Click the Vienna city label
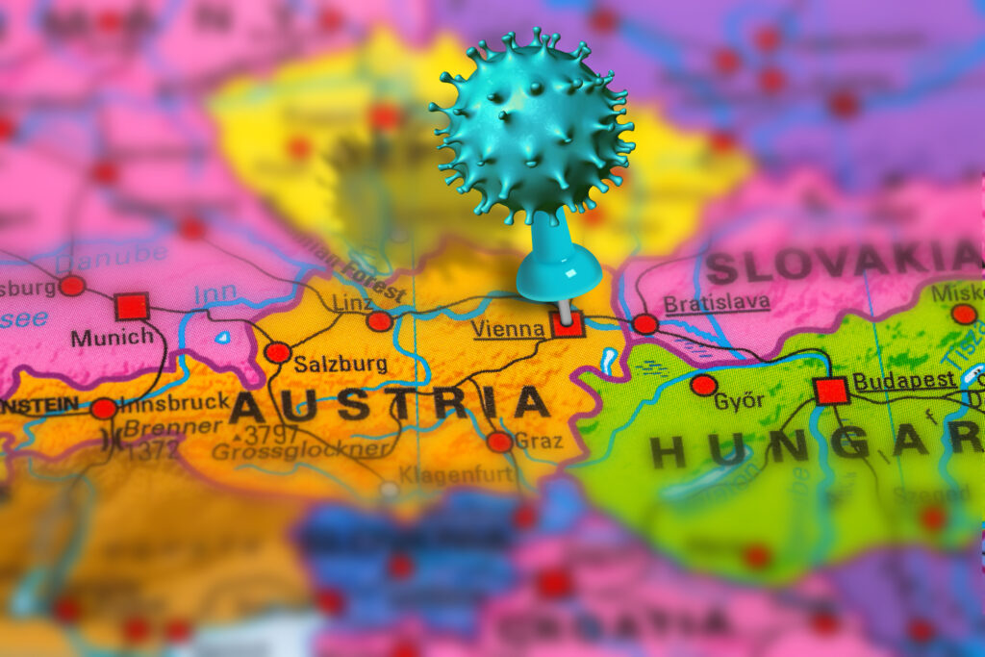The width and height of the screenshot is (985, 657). click(x=507, y=329)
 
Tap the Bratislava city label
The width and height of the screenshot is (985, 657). click(x=717, y=303)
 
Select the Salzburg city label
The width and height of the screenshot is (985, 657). click(x=341, y=364)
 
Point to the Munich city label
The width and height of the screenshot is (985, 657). click(x=112, y=338)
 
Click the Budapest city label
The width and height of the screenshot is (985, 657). click(x=903, y=381)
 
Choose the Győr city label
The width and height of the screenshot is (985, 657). click(x=739, y=401)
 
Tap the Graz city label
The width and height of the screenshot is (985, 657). click(x=539, y=441)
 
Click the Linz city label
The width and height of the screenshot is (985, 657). click(x=352, y=303)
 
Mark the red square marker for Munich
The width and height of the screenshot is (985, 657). click(x=132, y=307)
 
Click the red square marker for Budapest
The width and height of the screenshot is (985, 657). click(x=830, y=391)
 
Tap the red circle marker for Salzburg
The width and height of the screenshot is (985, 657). click(x=278, y=352)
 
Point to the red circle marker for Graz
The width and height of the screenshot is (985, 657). click(x=499, y=442)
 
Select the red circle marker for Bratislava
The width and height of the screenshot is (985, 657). click(x=645, y=324)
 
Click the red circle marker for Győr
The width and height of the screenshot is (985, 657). click(x=703, y=385)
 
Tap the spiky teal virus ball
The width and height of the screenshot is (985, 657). click(x=532, y=125)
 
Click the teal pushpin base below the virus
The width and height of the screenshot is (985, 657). click(x=559, y=274)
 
